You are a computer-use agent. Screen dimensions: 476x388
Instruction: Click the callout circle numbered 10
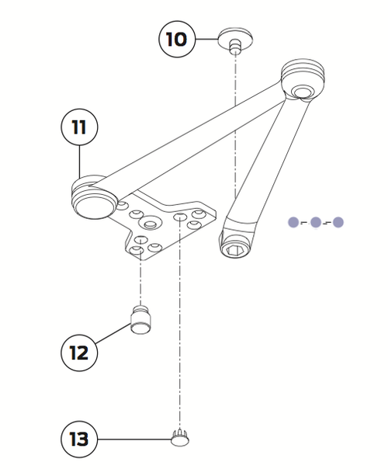click(177, 38)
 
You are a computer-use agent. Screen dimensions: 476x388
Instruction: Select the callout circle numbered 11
click(79, 127)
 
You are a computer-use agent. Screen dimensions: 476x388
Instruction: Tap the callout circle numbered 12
click(79, 352)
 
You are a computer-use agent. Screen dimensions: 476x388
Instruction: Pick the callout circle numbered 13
click(79, 440)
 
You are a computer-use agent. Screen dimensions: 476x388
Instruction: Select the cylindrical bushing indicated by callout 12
click(140, 318)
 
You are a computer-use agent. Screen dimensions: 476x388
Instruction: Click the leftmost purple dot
click(293, 222)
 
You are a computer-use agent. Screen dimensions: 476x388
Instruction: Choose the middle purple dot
click(316, 222)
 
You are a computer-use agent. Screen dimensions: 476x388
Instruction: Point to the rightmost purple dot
click(338, 222)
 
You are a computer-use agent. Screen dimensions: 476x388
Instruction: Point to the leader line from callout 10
click(206, 38)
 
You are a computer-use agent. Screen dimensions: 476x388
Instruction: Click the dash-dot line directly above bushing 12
click(140, 280)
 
